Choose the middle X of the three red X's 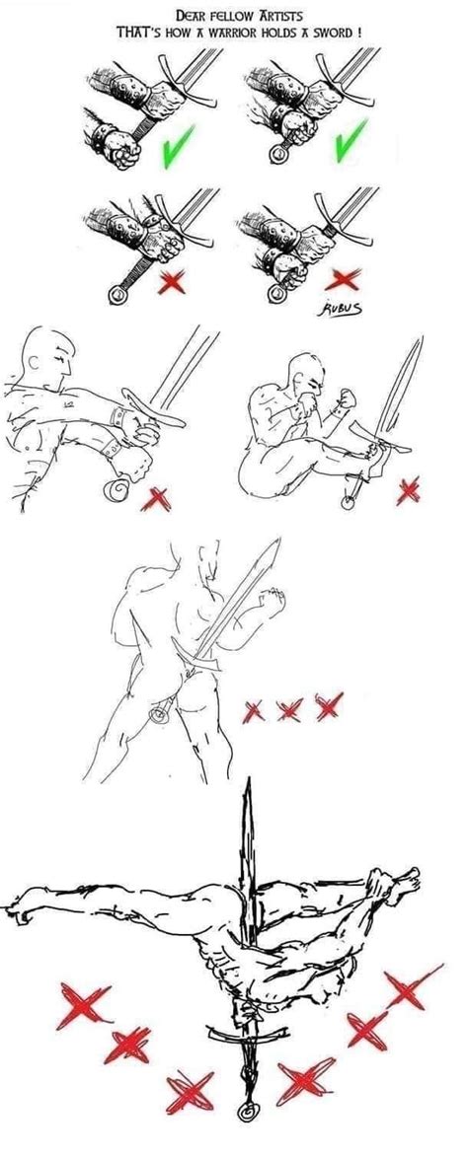289,709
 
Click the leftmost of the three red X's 256,709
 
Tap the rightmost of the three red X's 328,705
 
